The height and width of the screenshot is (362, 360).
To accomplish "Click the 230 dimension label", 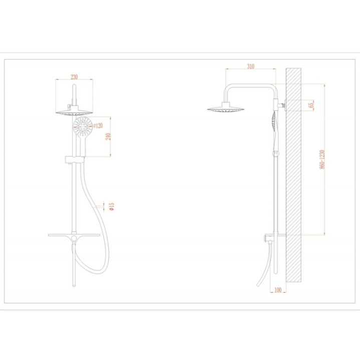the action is (x=74, y=77).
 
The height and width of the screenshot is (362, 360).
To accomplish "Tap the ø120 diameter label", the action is (x=98, y=126).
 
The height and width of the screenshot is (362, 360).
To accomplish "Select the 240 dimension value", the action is (x=108, y=136).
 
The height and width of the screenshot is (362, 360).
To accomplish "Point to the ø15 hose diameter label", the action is (x=112, y=207).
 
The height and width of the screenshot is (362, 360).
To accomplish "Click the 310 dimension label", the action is (x=251, y=66).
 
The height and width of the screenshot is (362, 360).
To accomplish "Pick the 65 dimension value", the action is (x=311, y=105).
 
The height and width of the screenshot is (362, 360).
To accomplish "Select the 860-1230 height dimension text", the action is (x=322, y=159).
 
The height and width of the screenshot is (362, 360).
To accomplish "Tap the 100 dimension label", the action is (x=278, y=290).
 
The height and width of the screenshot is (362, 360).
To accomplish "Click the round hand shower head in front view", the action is (x=83, y=125).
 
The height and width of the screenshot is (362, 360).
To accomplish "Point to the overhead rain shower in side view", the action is (x=225, y=108).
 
